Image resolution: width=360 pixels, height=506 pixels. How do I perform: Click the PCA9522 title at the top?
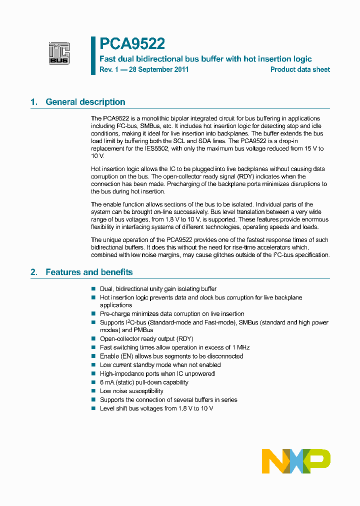132,44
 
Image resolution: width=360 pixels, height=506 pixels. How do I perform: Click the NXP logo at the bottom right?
296,461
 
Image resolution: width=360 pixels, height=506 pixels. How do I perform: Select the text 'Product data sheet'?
300,69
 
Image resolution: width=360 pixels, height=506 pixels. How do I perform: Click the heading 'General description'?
85,102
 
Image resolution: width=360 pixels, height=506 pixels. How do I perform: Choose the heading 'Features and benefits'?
89,272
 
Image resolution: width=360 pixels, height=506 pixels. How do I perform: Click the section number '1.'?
34,102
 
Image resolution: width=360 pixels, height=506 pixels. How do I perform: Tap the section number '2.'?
34,272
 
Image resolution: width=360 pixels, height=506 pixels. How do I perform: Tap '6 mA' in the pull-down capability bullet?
107,382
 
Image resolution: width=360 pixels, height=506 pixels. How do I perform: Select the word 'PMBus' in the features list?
144,330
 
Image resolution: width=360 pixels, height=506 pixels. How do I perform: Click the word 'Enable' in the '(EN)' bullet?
109,356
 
